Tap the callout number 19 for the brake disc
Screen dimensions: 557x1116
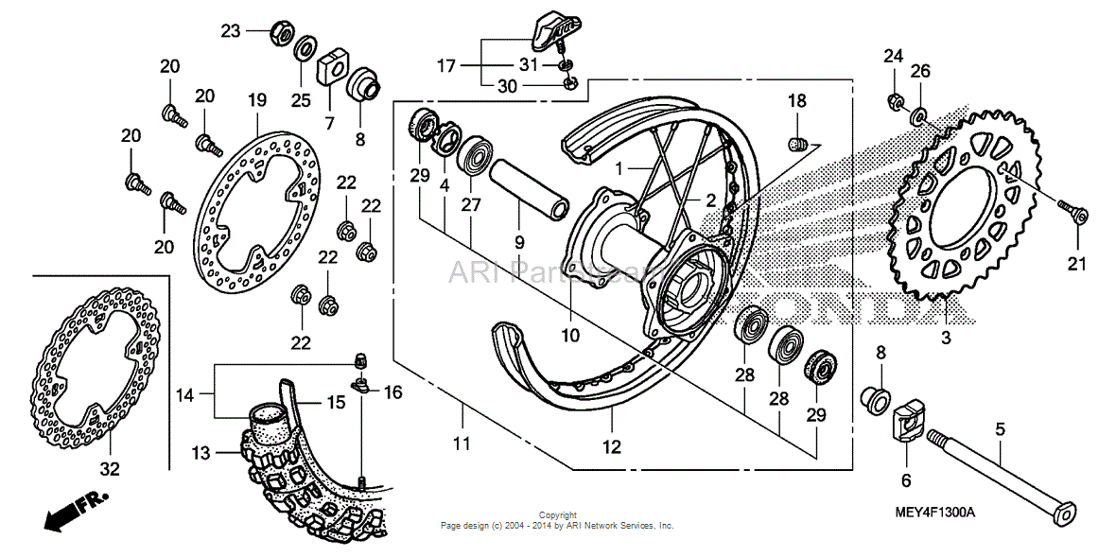[256, 100]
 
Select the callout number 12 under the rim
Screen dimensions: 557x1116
[612, 447]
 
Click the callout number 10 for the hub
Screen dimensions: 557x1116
[569, 335]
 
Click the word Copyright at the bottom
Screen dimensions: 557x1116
[557, 516]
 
